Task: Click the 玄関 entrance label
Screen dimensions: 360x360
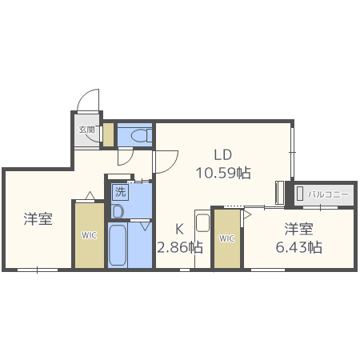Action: [x=87, y=129]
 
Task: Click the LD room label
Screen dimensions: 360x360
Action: [x=222, y=154]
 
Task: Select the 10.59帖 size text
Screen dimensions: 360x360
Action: [x=223, y=172]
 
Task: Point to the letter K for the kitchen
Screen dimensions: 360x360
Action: [x=182, y=228]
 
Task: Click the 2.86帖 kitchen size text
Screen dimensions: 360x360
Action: [x=179, y=247]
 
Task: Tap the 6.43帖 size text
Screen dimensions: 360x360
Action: [x=299, y=247]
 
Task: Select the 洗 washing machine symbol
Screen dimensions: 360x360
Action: [x=120, y=192]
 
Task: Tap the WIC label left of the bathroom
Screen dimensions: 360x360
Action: [x=88, y=235]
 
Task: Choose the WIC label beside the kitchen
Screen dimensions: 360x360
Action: [x=226, y=238]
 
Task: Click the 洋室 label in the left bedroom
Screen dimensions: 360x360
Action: [x=38, y=218]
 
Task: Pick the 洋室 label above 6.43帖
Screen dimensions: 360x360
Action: [x=299, y=228]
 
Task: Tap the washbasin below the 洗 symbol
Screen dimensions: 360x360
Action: [x=118, y=211]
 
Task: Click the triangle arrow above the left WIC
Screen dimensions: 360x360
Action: [x=90, y=196]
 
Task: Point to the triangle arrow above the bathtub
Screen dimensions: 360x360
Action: [x=146, y=227]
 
